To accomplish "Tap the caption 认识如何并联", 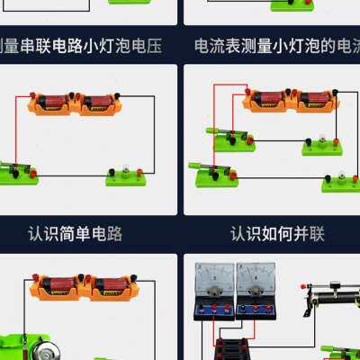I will pos(277,234).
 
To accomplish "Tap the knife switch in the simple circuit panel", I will pos(16,169).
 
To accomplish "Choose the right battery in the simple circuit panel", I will pos(98,103).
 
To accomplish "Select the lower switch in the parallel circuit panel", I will pos(214,173).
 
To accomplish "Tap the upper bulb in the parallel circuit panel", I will pos(322,142).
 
